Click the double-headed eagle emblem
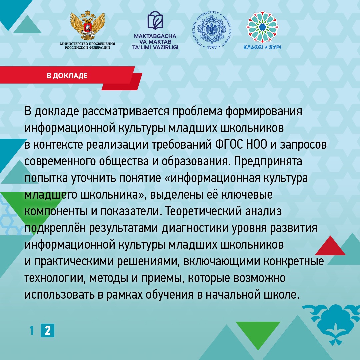click(x=88, y=25)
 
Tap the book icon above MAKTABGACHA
click(x=155, y=20)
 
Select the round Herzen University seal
click(x=212, y=30)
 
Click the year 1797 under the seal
click(x=212, y=48)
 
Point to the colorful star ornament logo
click(x=262, y=27)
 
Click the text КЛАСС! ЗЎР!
click(x=262, y=47)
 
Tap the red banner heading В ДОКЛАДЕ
click(x=67, y=76)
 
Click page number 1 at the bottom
click(x=32, y=331)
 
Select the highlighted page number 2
click(x=48, y=331)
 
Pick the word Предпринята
click(x=268, y=161)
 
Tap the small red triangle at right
click(x=330, y=246)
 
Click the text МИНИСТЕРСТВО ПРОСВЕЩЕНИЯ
click(x=87, y=43)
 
